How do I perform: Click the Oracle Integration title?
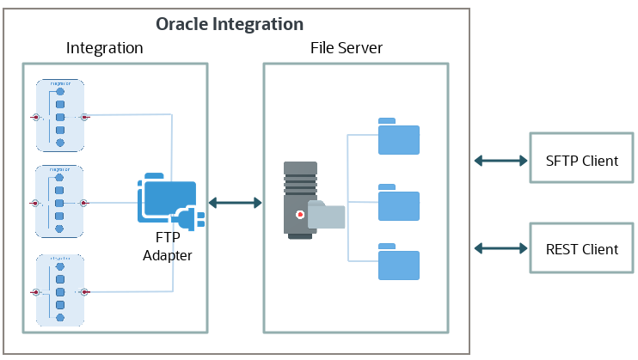pos(229,24)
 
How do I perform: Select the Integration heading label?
pos(104,48)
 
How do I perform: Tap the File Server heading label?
pos(347,48)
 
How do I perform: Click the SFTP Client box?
pos(582,161)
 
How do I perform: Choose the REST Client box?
pos(582,249)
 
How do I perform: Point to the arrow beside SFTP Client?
pos(500,161)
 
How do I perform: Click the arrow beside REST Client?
pos(500,249)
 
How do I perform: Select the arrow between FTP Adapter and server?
pos(235,203)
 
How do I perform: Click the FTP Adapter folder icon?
pos(165,200)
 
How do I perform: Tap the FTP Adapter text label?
pos(168,247)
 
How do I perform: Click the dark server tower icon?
pos(300,198)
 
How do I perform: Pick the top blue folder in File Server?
pos(398,137)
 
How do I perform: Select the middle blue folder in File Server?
pos(398,203)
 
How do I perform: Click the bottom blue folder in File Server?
pos(398,262)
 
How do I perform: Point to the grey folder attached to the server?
pos(327,216)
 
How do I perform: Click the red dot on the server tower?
pos(298,214)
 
